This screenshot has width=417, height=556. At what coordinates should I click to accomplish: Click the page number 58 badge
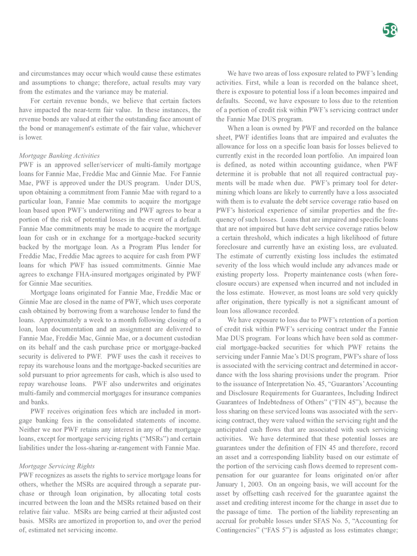[389, 31]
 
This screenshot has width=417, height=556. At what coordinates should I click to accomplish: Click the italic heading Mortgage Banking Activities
[60, 155]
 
